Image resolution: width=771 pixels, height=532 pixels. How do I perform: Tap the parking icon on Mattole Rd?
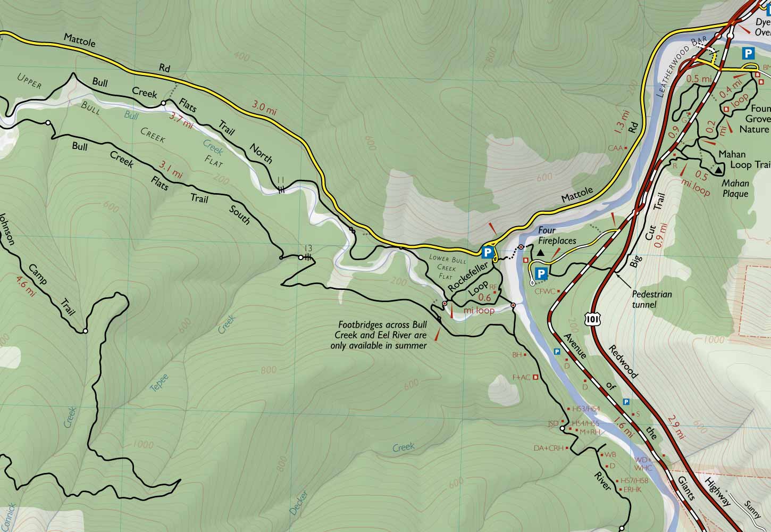(487, 252)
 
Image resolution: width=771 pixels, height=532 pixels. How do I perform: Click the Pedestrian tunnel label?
(652, 299)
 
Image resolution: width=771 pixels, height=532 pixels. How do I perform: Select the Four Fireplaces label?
(557, 236)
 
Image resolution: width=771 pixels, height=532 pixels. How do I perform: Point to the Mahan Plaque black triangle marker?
(718, 170)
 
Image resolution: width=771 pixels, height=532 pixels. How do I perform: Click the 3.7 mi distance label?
(181, 119)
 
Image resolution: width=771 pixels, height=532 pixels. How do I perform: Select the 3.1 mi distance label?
(170, 170)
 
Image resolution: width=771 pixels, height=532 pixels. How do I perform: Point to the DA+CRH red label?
(548, 448)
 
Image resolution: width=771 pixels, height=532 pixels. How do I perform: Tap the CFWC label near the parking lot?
(544, 291)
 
